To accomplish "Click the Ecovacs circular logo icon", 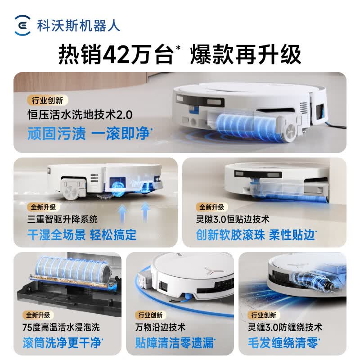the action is point(22,25).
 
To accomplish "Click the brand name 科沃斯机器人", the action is point(78,26).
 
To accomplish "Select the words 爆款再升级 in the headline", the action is point(245,54).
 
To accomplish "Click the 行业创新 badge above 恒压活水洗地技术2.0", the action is point(48,100).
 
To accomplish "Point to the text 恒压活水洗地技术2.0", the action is point(80,115).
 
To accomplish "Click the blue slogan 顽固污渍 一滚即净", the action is point(90,133).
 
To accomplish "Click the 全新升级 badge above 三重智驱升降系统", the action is point(43,207).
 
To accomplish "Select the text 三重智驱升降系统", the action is point(63,219).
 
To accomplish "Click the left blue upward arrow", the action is point(122,213).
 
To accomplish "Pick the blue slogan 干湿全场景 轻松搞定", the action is point(82,234).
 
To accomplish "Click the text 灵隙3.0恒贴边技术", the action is point(233,219).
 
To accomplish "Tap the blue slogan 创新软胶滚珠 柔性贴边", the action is point(256,234).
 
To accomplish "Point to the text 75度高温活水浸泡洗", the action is point(61,327).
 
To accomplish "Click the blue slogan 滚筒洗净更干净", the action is point(63,343).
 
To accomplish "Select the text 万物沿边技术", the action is point(160,327).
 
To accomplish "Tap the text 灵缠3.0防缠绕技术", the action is point(285,327).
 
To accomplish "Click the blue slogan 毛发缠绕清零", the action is point(284,343).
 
